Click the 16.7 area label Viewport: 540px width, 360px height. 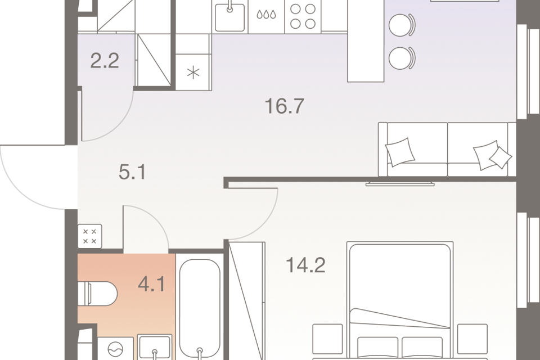285,106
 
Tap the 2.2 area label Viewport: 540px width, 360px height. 105,61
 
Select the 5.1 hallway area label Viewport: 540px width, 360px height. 133,172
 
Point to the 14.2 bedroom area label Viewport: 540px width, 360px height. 305,265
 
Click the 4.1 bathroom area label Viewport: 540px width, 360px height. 151,285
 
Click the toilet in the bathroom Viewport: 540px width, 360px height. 97,294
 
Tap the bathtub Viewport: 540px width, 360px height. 200,308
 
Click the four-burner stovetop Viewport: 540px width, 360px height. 303,16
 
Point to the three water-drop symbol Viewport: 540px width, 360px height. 266,15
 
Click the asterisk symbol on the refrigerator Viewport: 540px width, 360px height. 193,73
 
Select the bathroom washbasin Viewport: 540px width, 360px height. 155,347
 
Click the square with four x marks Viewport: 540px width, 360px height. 89,236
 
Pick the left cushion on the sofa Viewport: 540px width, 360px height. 400,152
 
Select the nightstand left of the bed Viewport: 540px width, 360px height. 327,338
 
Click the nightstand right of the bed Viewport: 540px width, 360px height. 472,338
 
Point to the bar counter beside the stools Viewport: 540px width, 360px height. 366,41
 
